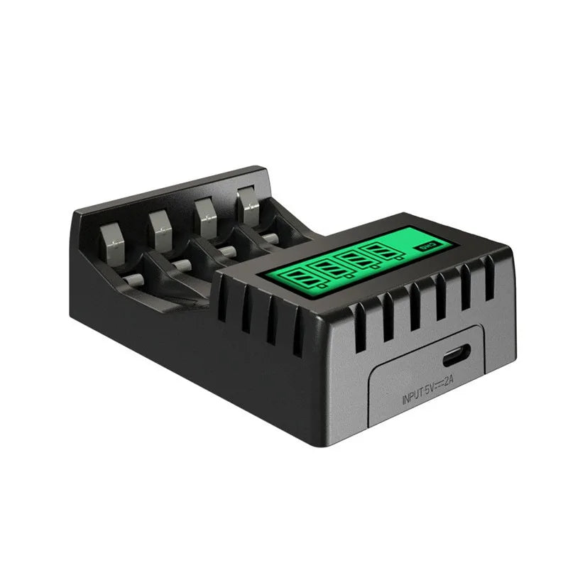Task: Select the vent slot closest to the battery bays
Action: (x=226, y=298)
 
